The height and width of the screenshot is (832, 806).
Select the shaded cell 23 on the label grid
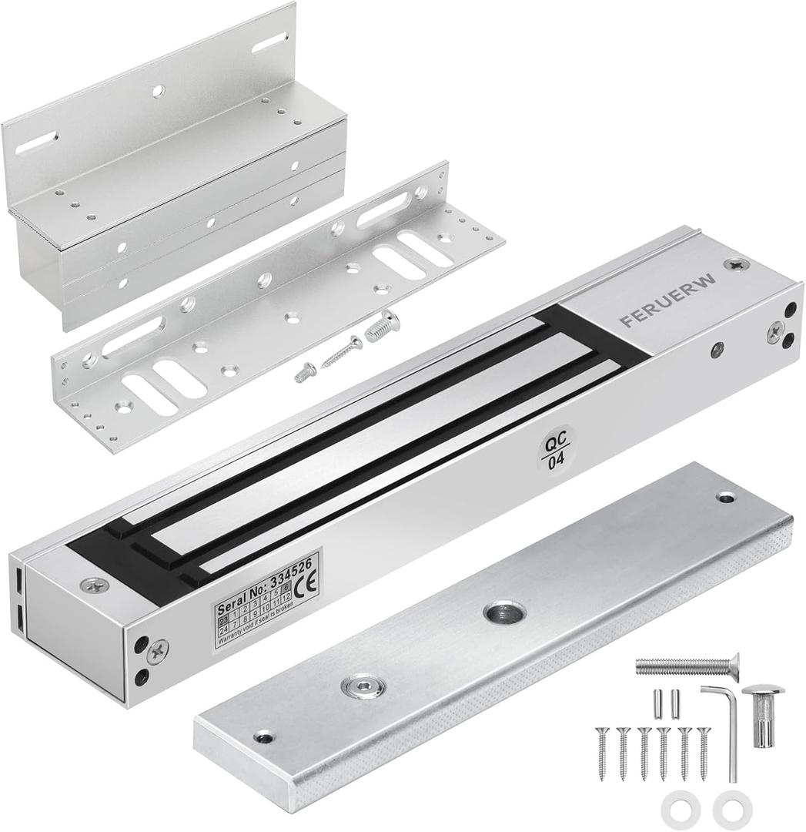tap(224, 620)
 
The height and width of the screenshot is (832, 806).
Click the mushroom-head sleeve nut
tap(762, 713)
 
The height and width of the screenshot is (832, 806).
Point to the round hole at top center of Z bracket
tap(157, 91)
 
